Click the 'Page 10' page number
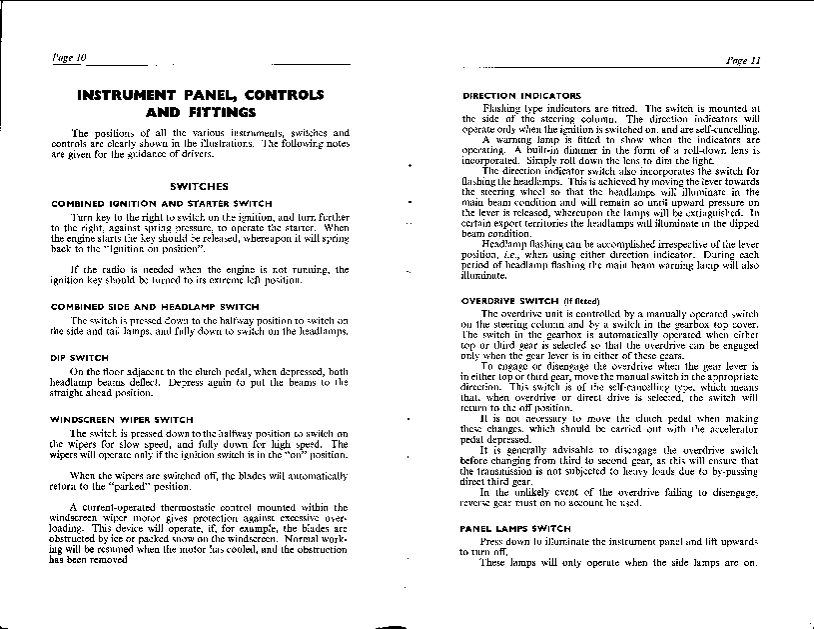(69, 59)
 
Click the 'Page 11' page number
(744, 60)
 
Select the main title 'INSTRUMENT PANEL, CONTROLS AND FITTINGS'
(201, 103)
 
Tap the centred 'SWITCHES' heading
(200, 186)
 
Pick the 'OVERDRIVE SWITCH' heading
(511, 301)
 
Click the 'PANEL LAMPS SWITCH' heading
(515, 527)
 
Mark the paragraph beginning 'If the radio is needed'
(200, 274)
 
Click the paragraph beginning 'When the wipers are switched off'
(200, 480)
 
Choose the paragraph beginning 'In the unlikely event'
(610, 497)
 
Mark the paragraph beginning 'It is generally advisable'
(610, 462)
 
